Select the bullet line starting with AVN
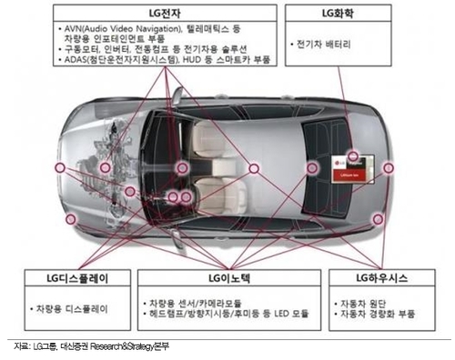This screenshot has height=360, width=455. (168, 29)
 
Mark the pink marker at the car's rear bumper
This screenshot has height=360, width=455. (390, 167)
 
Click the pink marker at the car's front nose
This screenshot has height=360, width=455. (60, 169)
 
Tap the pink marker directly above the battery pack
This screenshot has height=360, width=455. (351, 155)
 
